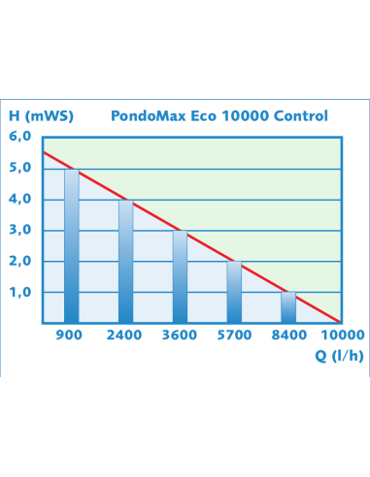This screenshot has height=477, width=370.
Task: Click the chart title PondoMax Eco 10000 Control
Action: pyautogui.click(x=226, y=116)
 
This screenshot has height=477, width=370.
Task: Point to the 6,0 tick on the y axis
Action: pyautogui.click(x=21, y=137)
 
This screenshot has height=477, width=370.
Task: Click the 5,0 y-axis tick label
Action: pyautogui.click(x=21, y=168)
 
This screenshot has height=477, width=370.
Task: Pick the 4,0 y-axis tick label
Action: pyautogui.click(x=21, y=199)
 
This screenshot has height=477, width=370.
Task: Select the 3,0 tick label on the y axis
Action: pyautogui.click(x=21, y=230)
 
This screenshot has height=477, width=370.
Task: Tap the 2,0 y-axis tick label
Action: pyautogui.click(x=21, y=261)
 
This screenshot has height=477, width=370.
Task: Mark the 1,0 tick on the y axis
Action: pyautogui.click(x=21, y=292)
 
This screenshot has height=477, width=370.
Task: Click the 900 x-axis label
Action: pyautogui.click(x=70, y=335)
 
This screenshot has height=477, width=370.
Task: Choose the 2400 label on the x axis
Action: pyautogui.click(x=124, y=335)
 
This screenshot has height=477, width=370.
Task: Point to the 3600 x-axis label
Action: pyautogui.click(x=179, y=335)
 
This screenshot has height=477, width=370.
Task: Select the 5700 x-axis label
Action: pyautogui.click(x=233, y=335)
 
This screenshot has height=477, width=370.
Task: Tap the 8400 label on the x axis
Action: pyautogui.click(x=287, y=335)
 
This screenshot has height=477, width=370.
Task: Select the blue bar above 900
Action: pyautogui.click(x=71, y=246)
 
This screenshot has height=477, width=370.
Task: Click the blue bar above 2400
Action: pyautogui.click(x=125, y=262)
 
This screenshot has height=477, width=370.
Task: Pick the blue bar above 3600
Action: pyautogui.click(x=180, y=277)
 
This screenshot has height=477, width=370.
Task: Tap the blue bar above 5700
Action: pyautogui.click(x=234, y=293)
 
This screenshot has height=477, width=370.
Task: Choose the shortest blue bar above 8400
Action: pyautogui.click(x=288, y=307)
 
